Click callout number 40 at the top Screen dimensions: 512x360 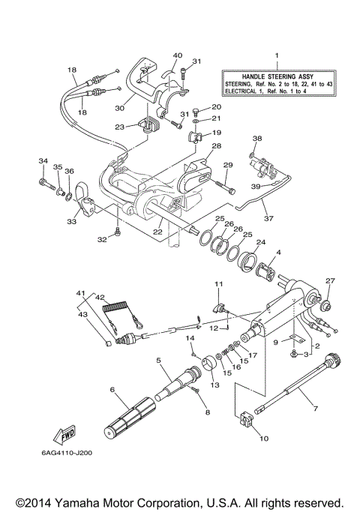click(x=178, y=55)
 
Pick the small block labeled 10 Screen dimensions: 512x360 click(x=247, y=424)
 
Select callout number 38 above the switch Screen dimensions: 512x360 click(x=256, y=139)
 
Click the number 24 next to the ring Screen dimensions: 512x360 click(x=260, y=243)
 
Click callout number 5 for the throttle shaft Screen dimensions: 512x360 click(x=158, y=361)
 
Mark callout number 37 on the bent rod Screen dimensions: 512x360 click(x=268, y=220)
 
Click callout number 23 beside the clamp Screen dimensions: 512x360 click(x=118, y=127)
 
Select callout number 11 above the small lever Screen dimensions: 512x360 click(x=219, y=285)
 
